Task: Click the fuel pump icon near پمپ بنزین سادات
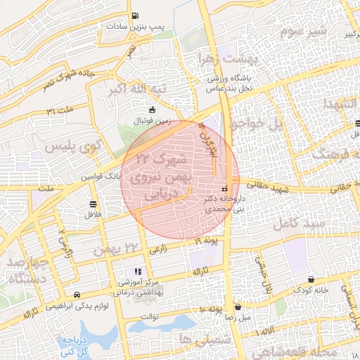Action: [135, 15]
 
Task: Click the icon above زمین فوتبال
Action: [153, 109]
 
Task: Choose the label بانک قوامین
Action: [101, 176]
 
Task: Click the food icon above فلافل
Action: [93, 204]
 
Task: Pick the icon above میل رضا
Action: [239, 307]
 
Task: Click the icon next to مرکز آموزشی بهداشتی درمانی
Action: [137, 271]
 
